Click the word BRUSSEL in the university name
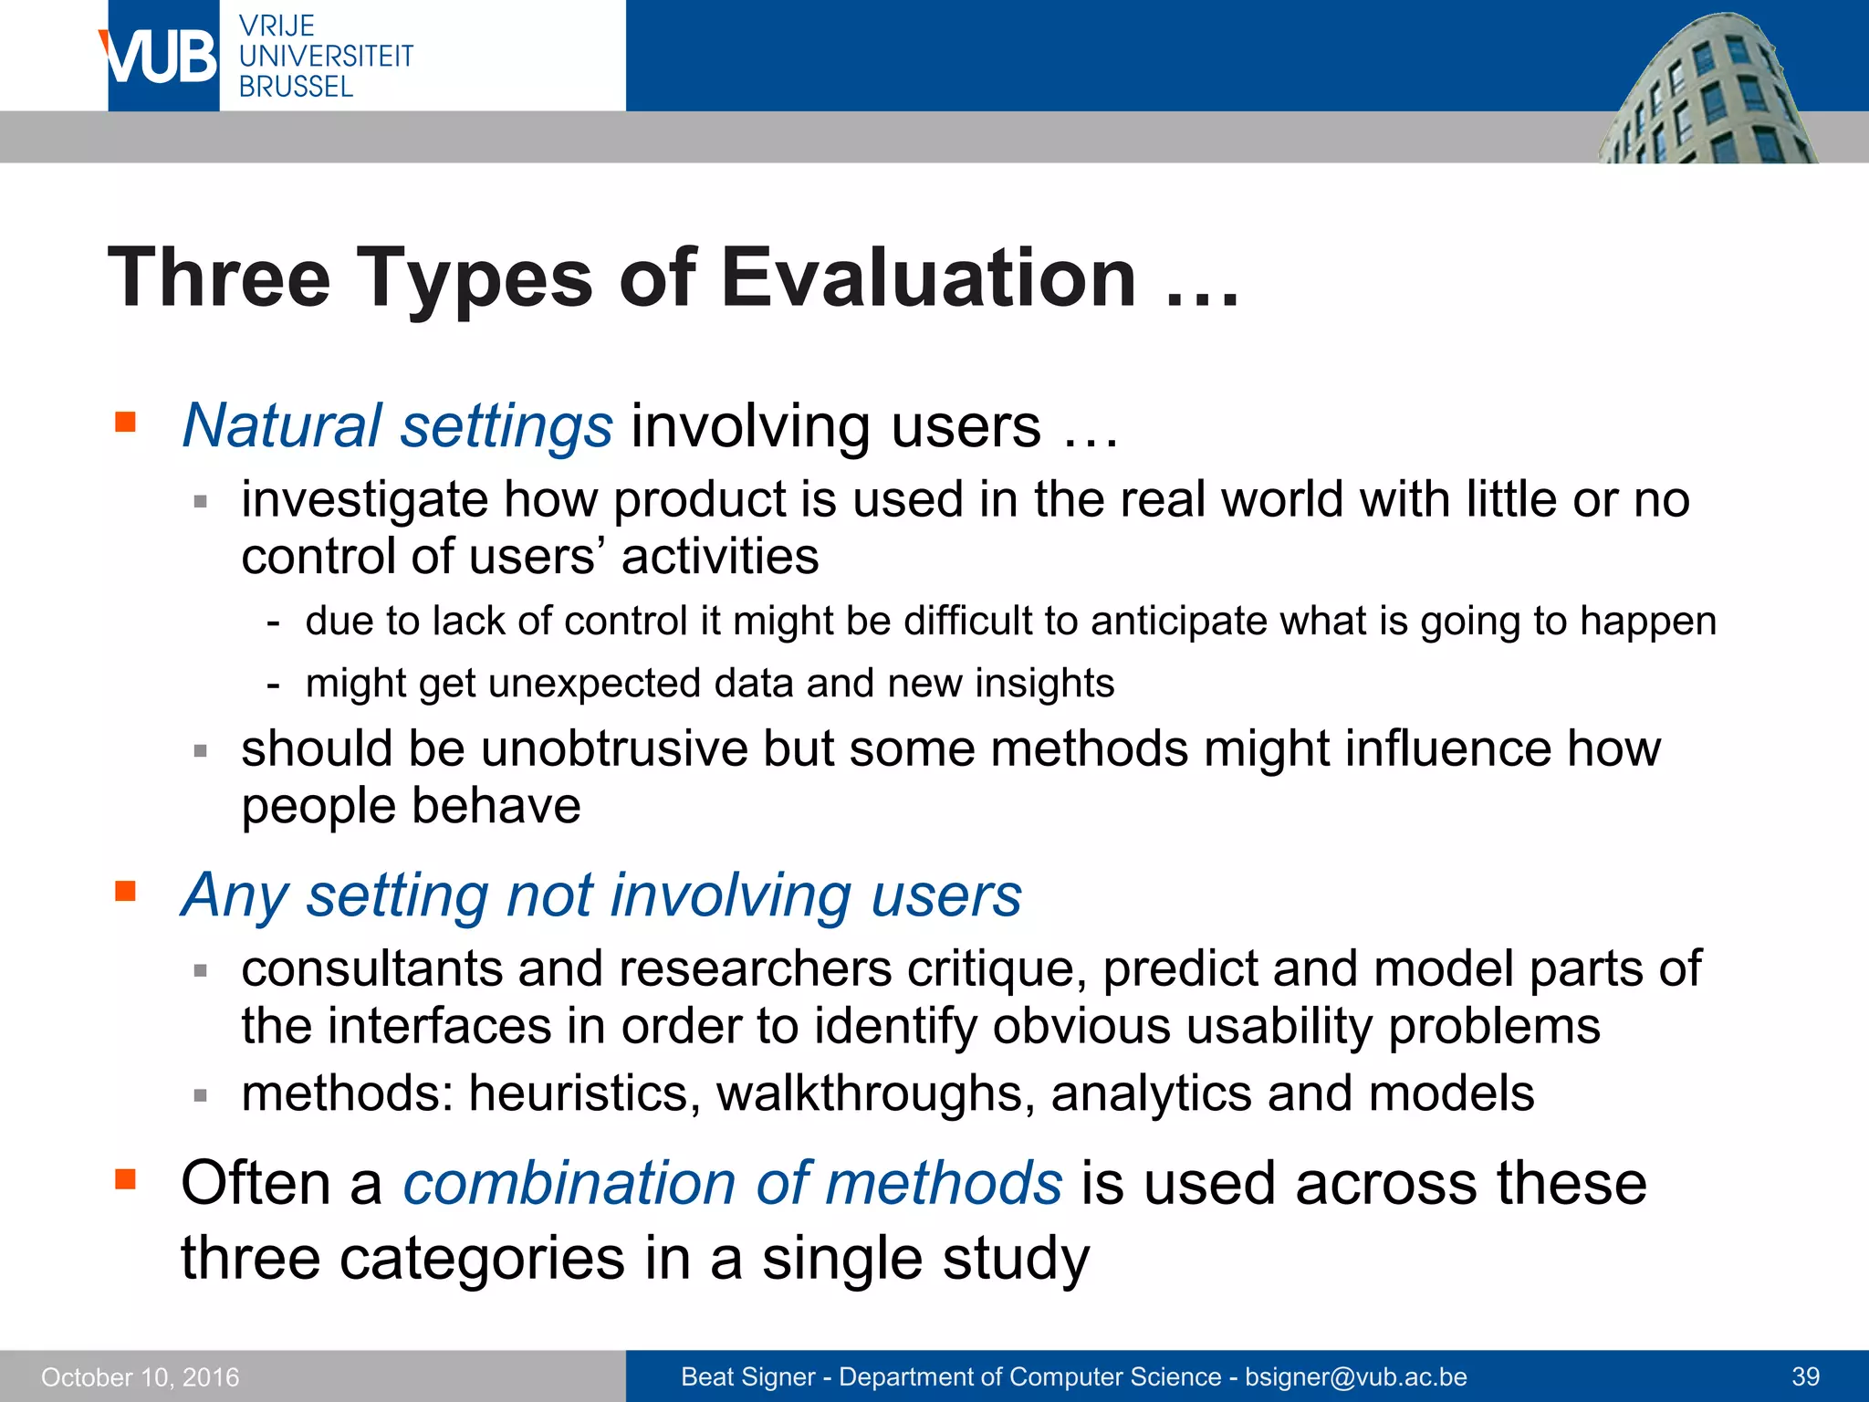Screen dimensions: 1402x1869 point(296,87)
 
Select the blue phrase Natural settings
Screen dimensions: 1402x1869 point(398,426)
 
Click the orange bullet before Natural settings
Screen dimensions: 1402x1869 point(125,423)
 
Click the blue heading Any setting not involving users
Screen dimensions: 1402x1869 point(600,895)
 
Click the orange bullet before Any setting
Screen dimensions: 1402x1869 point(125,891)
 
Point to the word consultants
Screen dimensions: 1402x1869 point(371,968)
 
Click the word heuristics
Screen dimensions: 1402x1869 point(584,1093)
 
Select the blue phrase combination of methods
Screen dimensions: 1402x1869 point(733,1184)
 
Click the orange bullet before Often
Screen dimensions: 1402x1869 point(125,1179)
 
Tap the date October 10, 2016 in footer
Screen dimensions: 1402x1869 point(141,1377)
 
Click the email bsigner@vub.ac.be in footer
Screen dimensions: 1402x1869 point(1356,1377)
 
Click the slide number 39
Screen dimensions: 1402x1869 point(1805,1377)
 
